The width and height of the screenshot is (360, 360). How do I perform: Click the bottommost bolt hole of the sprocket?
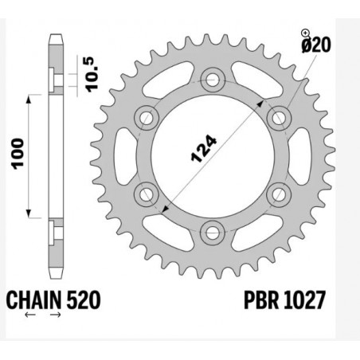coord(212,232)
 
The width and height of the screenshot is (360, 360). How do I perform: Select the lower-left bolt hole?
coord(146,193)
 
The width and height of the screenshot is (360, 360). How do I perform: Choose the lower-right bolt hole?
coord(278,193)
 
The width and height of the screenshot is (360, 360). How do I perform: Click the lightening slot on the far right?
coord(295,155)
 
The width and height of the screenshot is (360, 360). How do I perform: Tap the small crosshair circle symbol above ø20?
coord(305,33)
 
